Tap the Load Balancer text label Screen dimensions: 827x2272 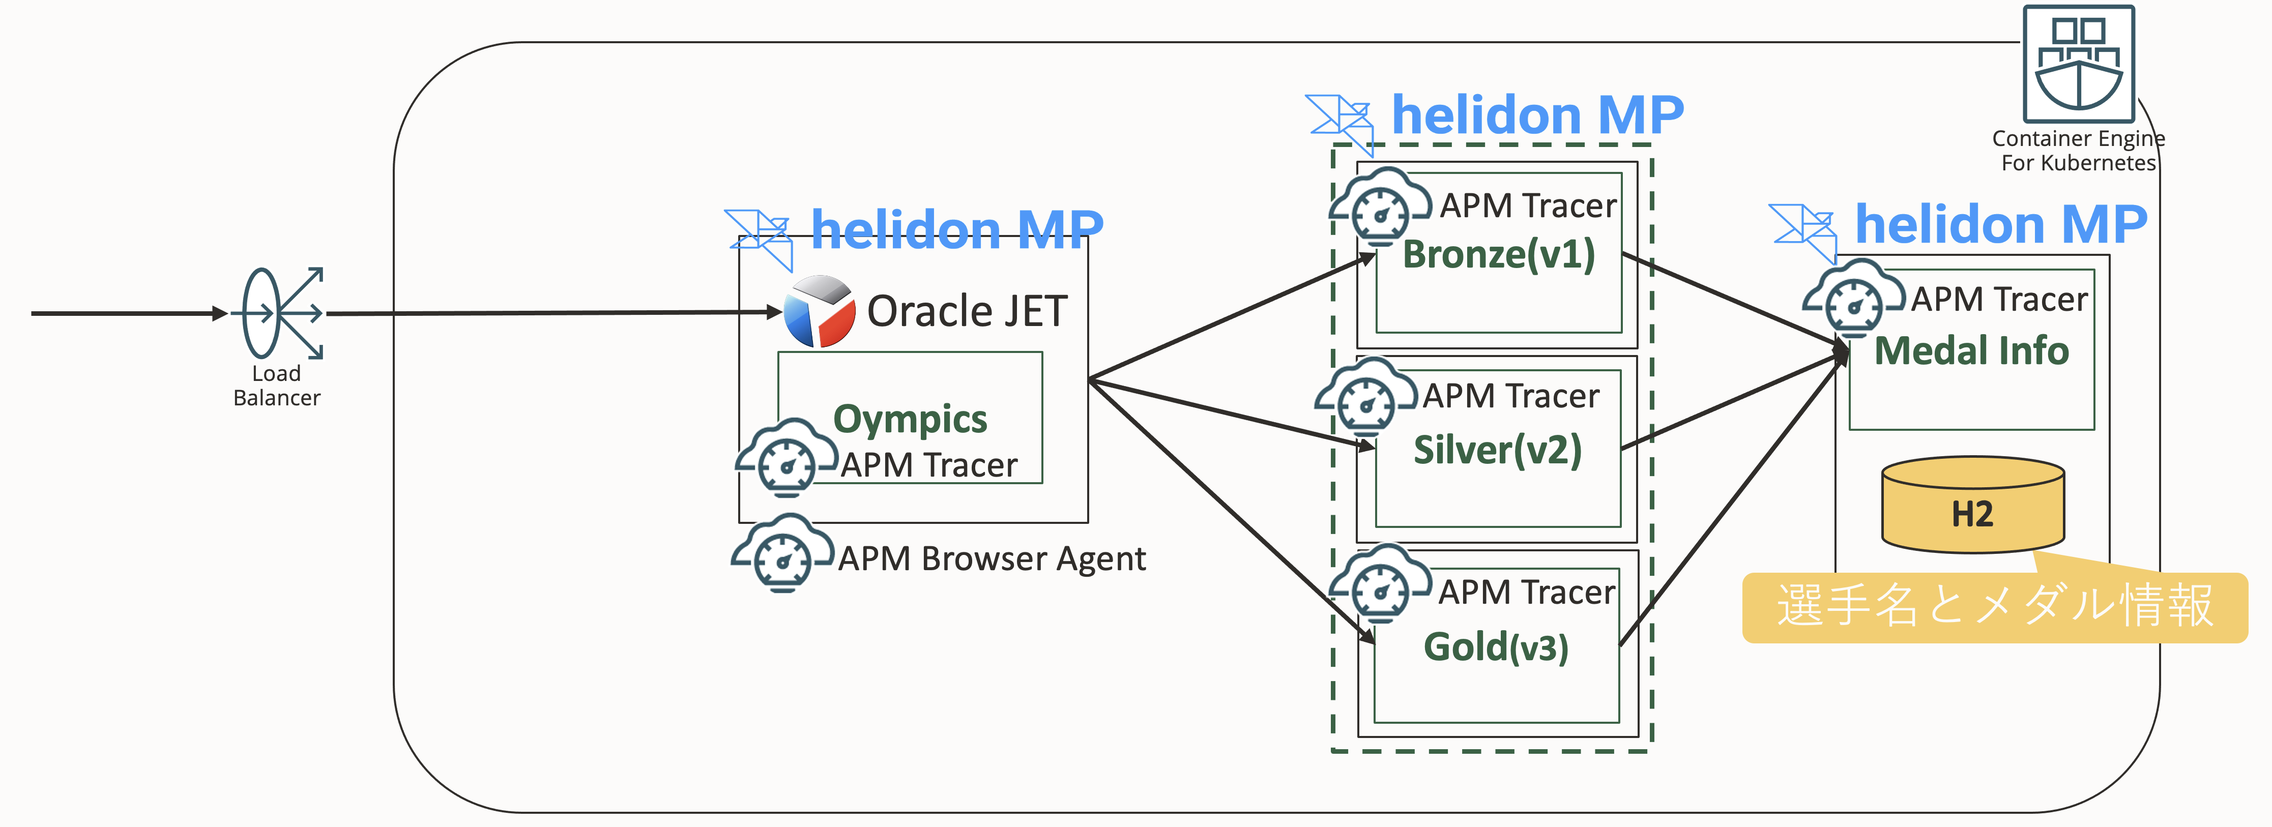276,386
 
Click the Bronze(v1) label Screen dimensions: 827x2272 1499,255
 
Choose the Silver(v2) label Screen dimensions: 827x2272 1498,450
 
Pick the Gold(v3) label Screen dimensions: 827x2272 1496,647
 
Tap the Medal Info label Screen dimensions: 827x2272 1971,351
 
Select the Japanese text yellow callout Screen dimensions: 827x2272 1994,607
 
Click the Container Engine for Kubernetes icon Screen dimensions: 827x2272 2078,64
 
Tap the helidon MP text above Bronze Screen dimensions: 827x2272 1537,115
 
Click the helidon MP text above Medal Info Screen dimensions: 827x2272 2000,225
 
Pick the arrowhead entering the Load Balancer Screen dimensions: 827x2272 220,313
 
